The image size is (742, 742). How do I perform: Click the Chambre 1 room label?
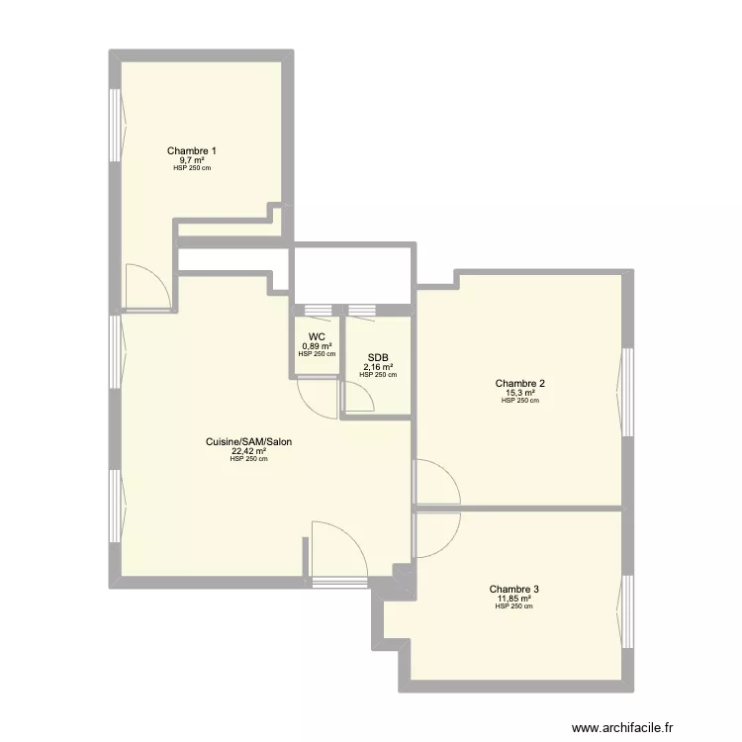coord(192,151)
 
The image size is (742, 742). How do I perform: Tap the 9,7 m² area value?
coord(192,160)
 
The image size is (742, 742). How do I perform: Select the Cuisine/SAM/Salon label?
coord(248,441)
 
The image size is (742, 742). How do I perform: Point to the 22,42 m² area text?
coord(248,450)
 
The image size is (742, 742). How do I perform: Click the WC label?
coord(317,337)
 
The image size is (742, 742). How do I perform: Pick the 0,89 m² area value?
coord(317,346)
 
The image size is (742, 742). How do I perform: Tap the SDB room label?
coord(378,358)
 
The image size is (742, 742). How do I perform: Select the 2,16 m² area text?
coord(378,367)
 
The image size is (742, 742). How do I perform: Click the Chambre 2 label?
coord(520,383)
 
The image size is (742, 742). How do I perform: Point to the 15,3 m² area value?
coord(520,393)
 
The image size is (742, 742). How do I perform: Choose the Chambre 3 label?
coord(513,590)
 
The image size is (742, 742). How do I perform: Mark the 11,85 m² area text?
coord(513,599)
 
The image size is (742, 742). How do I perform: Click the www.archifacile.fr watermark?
coord(622,727)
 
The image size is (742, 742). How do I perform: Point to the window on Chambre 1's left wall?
coord(115,125)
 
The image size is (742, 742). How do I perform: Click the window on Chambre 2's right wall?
coord(626,393)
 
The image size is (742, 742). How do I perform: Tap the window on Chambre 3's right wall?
coord(626,611)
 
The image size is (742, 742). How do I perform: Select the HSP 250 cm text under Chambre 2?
coord(520,401)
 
